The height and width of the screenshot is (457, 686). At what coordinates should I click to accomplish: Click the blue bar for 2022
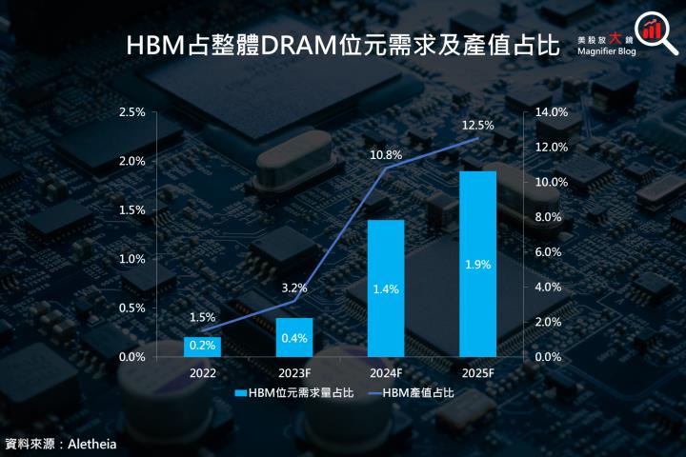click(x=202, y=347)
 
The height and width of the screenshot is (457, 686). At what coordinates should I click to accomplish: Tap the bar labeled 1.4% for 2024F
click(x=386, y=288)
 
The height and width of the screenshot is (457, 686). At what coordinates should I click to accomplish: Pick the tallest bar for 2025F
click(x=477, y=264)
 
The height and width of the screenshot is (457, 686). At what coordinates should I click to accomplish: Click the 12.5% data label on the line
click(x=477, y=125)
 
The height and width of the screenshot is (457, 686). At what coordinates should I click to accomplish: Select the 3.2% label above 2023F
click(x=294, y=287)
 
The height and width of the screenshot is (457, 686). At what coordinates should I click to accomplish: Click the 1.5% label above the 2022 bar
click(x=202, y=317)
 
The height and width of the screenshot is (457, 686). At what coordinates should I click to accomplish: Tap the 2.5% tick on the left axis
click(x=131, y=112)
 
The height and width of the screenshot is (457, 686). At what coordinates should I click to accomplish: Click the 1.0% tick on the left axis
click(x=131, y=259)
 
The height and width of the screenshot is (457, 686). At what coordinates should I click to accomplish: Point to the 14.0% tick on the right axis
click(x=552, y=112)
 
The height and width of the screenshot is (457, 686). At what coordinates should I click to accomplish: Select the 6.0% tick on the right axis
click(x=552, y=251)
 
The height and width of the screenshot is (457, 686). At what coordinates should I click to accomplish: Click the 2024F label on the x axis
click(x=386, y=373)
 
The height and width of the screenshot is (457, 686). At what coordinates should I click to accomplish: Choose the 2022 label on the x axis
click(x=202, y=373)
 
